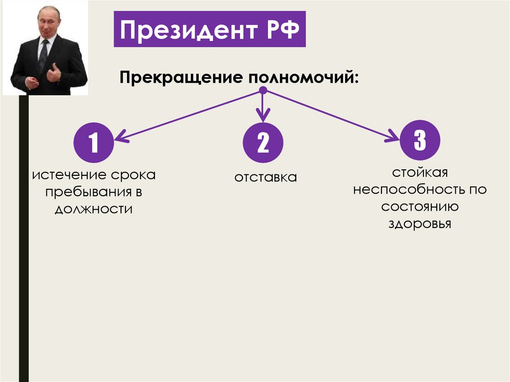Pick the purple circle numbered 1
point(94,144)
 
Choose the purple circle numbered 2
point(263,144)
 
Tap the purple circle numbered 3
point(420,140)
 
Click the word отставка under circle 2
point(265,177)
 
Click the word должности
point(94,209)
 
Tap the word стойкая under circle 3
point(420,173)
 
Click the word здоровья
point(420,224)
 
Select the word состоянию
point(420,207)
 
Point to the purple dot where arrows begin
point(263,91)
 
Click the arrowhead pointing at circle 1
point(120,137)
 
